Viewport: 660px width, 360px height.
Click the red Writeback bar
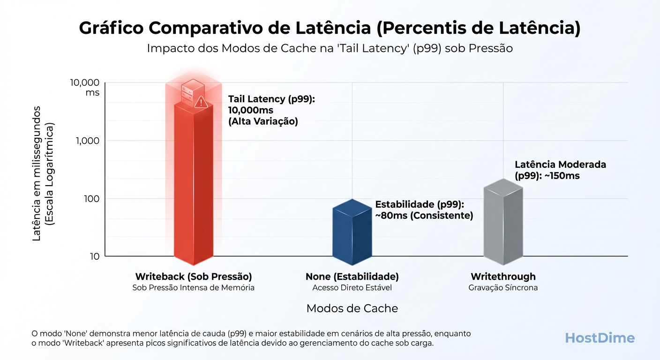click(x=194, y=187)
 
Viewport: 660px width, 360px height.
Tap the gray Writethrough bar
click(x=503, y=225)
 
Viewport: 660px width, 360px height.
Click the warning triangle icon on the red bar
click(x=201, y=102)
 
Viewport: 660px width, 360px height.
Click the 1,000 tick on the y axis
click(x=88, y=141)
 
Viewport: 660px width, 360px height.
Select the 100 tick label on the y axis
click(x=91, y=199)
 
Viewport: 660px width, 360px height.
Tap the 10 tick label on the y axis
click(x=95, y=256)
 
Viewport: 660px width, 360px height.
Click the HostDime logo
click(x=600, y=338)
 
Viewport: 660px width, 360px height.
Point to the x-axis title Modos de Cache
click(x=352, y=308)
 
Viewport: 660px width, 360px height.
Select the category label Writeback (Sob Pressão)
click(x=194, y=276)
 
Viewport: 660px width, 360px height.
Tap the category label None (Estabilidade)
click(x=352, y=276)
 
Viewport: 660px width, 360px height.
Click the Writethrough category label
click(x=503, y=276)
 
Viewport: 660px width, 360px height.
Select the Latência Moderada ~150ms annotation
click(x=560, y=170)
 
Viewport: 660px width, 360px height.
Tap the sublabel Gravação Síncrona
click(x=503, y=287)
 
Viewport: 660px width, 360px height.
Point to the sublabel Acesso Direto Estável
click(x=352, y=287)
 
